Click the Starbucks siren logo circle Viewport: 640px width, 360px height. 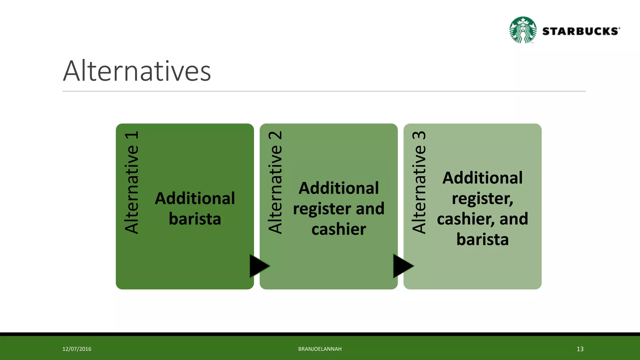(x=523, y=30)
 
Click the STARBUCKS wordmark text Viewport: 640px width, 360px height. (x=581, y=31)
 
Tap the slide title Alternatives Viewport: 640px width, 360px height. (x=137, y=71)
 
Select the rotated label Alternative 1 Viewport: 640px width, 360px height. (x=132, y=182)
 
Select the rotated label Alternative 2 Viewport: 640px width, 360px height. (x=275, y=182)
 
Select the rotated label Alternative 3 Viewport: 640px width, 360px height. (x=419, y=182)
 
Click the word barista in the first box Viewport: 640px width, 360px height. (x=195, y=219)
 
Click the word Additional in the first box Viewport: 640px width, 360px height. (x=195, y=198)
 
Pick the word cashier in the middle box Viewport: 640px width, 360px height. (x=338, y=229)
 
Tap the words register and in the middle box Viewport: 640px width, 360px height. (x=338, y=209)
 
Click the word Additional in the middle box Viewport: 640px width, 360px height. (x=338, y=188)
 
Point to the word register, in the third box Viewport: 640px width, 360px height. (x=482, y=198)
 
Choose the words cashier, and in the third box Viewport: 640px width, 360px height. (x=482, y=219)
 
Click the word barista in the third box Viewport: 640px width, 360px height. (x=482, y=239)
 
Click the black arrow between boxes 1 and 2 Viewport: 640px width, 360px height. (x=258, y=266)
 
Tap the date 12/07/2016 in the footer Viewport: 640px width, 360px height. (x=77, y=349)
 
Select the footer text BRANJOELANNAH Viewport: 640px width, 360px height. (x=320, y=349)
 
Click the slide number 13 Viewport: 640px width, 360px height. (x=580, y=349)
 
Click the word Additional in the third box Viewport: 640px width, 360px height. (x=482, y=178)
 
